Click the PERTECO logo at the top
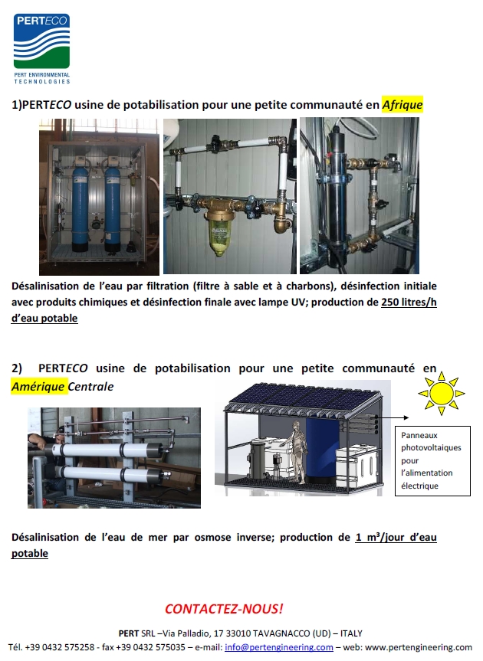point(41,48)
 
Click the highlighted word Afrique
point(402,104)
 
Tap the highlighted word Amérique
point(38,386)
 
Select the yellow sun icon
point(442,394)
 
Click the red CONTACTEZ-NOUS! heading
point(224,608)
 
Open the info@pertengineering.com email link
point(279,646)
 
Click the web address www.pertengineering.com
point(419,646)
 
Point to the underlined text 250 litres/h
point(409,302)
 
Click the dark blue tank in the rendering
point(321,450)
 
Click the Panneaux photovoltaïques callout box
point(432,461)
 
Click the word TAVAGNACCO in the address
point(281,633)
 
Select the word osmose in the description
point(212,537)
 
